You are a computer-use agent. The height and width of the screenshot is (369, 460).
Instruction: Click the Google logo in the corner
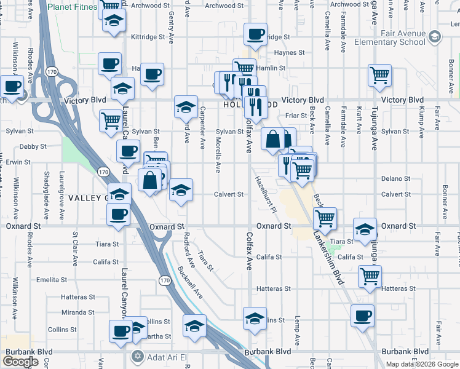tap(20, 361)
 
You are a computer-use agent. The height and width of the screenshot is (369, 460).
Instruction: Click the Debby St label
tap(33, 146)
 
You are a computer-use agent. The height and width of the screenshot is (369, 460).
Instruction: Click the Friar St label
tap(296, 115)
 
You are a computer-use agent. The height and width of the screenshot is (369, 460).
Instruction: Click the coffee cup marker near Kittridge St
tap(255, 34)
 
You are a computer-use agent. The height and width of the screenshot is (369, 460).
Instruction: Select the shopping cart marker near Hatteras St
tap(370, 276)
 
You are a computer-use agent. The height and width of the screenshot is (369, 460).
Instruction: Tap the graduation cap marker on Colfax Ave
tap(255, 318)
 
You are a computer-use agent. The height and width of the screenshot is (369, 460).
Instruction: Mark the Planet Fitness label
tap(73, 7)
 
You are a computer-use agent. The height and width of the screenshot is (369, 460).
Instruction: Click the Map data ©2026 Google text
tap(421, 364)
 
